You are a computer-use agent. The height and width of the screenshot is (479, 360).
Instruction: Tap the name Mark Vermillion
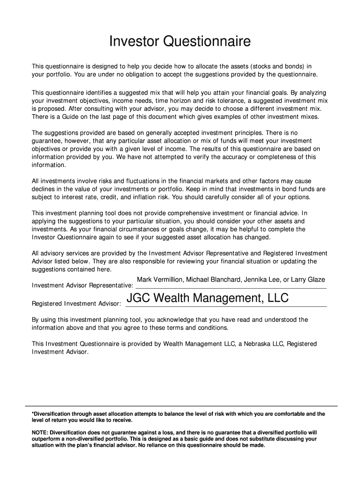click(x=159, y=280)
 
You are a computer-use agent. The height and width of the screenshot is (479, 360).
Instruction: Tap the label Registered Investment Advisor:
click(x=76, y=304)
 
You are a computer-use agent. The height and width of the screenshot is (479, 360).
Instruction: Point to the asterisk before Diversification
click(x=33, y=414)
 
